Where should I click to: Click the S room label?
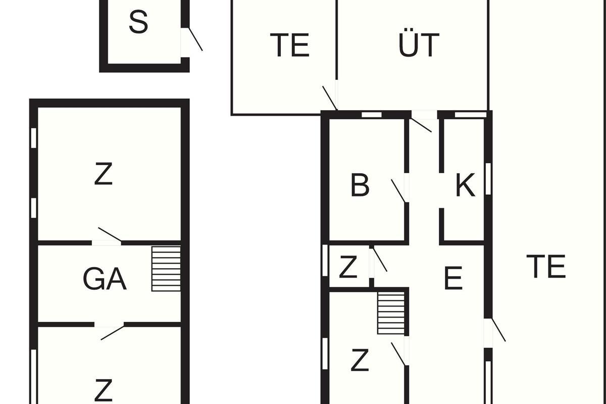coord(138,22)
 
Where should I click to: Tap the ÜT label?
coord(419,42)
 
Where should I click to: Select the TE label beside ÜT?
coord(289,45)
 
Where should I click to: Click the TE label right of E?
coord(546,266)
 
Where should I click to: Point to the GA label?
coord(105,279)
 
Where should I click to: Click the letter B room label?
coord(360,185)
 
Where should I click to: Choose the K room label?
coord(465,185)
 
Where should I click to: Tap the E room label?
coord(453,278)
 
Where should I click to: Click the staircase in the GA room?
coord(166,269)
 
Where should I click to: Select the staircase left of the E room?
coord(391,313)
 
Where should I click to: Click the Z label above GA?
coord(104,174)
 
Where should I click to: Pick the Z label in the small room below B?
coord(348,267)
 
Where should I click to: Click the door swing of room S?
coord(195,39)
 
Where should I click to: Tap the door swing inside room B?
coord(398,191)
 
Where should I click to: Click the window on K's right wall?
coord(488,179)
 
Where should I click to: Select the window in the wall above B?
coord(372,115)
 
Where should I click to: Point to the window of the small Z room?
coord(325,260)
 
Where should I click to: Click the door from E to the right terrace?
coord(494,333)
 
